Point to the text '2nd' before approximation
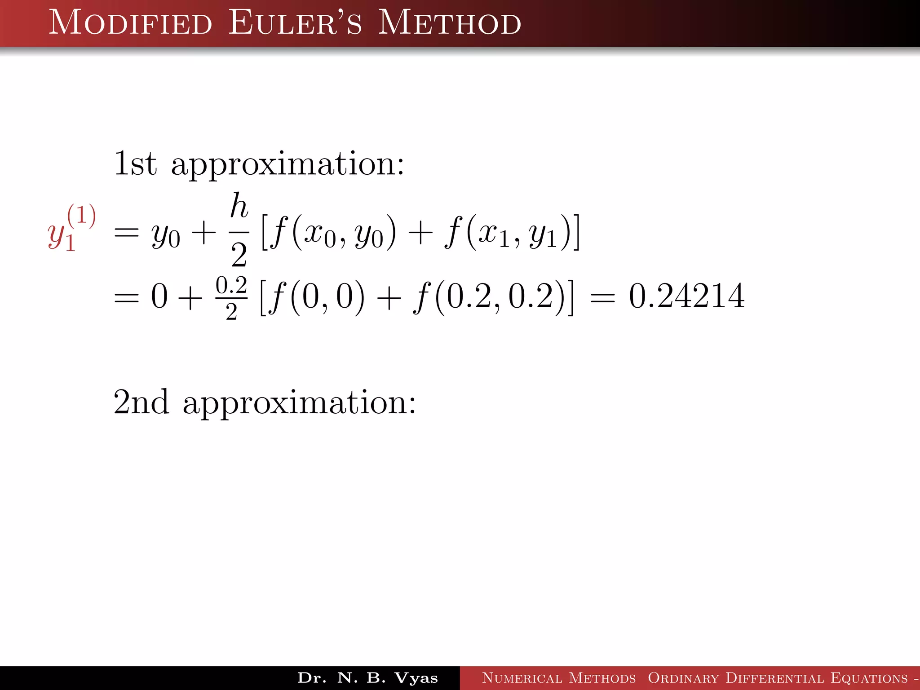[x=141, y=402]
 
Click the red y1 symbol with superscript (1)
[x=71, y=229]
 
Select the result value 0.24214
[x=686, y=296]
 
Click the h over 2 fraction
[x=239, y=230]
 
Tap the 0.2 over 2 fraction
[x=231, y=297]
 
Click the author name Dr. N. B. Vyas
[x=367, y=678]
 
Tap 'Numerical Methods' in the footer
[x=559, y=678]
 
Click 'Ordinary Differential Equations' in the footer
[x=778, y=678]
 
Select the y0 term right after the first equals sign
[x=166, y=236]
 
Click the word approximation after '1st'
[x=288, y=165]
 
